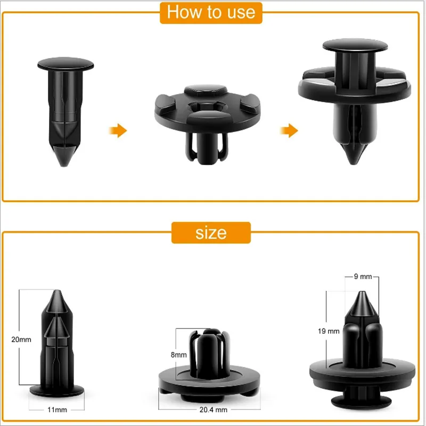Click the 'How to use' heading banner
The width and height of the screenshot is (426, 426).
(x=211, y=13)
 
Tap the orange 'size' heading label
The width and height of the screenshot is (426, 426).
(x=211, y=233)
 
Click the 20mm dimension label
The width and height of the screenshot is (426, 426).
(x=21, y=339)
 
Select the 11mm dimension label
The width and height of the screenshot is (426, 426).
(x=57, y=409)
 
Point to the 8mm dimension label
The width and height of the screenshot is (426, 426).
(x=178, y=355)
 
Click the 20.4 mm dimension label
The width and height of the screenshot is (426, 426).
(x=214, y=409)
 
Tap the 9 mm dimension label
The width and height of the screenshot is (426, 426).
(x=363, y=276)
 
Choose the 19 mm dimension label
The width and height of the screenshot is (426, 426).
(x=329, y=331)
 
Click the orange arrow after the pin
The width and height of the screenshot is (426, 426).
(x=118, y=130)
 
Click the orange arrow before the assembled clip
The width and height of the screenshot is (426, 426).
(x=289, y=130)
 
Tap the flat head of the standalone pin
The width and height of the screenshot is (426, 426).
(x=65, y=64)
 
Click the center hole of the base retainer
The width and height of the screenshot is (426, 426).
(x=207, y=106)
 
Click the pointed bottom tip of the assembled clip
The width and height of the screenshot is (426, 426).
(x=353, y=162)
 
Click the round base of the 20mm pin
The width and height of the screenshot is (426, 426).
(x=57, y=390)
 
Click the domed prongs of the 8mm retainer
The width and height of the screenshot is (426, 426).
(x=209, y=353)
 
